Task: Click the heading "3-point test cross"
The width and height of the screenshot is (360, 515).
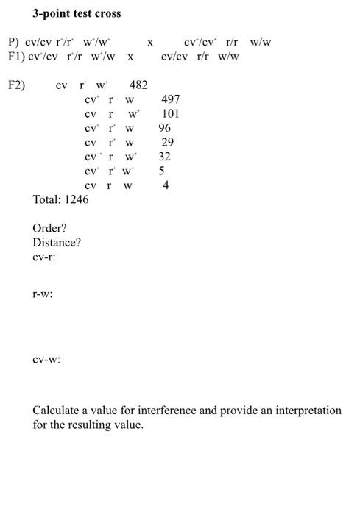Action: tap(77, 13)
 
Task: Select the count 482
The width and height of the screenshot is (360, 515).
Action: tap(138, 85)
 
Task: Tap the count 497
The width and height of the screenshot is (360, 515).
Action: tap(170, 99)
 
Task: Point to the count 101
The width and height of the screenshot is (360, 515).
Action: tap(170, 113)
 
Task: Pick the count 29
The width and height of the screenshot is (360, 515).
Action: tap(167, 142)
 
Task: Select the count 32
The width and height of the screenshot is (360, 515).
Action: tap(164, 156)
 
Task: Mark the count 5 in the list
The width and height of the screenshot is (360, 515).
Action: tap(162, 171)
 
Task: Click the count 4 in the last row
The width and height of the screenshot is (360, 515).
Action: tap(166, 185)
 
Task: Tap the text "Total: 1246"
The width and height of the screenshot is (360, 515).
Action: tap(60, 199)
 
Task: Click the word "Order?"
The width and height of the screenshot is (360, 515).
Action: tap(50, 228)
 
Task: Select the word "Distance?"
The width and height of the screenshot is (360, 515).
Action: tap(57, 243)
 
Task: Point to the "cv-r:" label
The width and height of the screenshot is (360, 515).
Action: tap(44, 257)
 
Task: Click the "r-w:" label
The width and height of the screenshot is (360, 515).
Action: tap(42, 294)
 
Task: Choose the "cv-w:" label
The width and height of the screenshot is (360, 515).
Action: tap(46, 360)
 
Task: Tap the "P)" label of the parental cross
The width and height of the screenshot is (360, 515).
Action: tap(12, 42)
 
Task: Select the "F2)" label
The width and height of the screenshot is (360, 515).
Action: tap(16, 85)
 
